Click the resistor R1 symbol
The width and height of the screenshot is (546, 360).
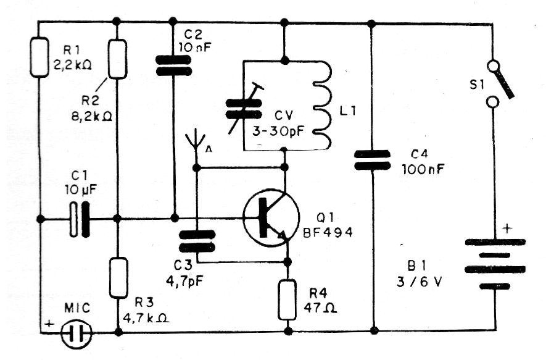(40, 57)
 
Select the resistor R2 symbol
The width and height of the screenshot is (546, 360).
(118, 59)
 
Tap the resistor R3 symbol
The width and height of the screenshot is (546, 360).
(118, 278)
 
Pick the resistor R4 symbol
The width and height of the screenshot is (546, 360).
(287, 299)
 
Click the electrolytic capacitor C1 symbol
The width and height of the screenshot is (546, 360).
(80, 219)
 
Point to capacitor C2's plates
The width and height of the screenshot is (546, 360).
(174, 65)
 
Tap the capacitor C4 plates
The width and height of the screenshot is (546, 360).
(373, 161)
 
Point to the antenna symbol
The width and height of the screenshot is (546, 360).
(196, 141)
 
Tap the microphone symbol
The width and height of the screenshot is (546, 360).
(77, 333)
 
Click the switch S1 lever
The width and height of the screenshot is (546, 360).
(503, 80)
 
